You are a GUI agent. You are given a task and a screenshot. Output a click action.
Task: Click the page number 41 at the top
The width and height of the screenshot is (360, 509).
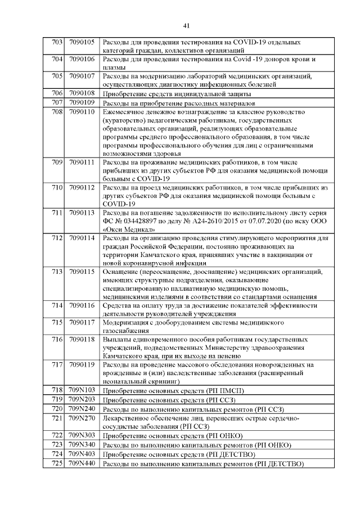187,24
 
